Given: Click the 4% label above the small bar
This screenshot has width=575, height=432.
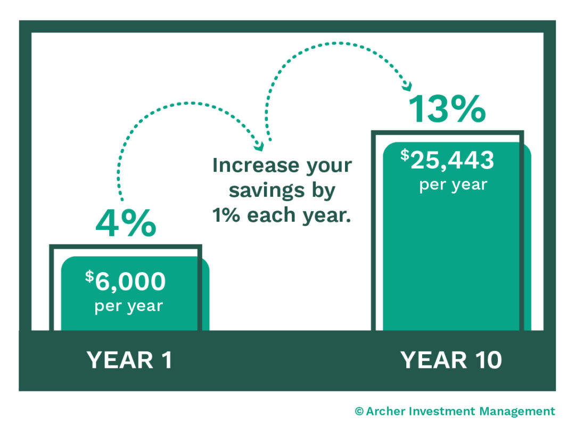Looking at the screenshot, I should tap(126, 225).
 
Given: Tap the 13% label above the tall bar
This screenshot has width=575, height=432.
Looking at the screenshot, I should tap(447, 109).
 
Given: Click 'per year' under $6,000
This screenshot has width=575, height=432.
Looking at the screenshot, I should tap(128, 307).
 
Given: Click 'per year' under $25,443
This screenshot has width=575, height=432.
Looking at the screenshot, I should tap(453, 185).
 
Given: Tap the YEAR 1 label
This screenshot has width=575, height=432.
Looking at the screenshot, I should tap(129, 361).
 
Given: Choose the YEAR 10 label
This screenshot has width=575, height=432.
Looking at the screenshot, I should tap(451, 361).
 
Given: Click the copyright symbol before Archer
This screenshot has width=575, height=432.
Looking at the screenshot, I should tap(359, 412).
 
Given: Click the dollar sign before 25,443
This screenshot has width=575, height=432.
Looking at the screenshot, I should tap(405, 155).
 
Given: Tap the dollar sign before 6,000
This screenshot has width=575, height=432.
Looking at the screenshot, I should tap(89, 277).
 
